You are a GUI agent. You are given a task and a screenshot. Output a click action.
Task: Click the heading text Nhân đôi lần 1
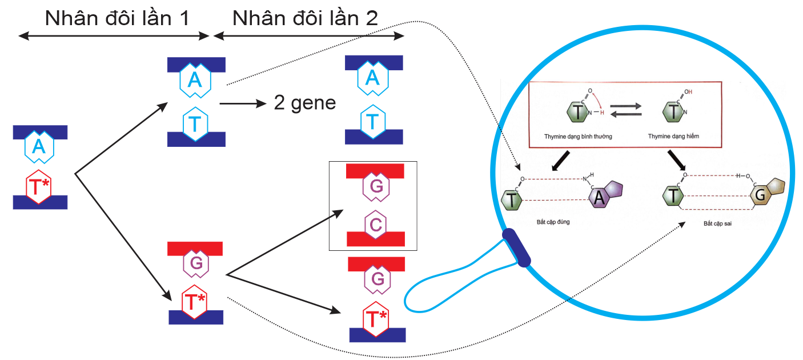(x=117, y=18)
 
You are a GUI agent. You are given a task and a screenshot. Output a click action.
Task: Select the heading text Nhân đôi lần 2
(x=305, y=18)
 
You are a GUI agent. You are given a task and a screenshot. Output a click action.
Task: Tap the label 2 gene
(x=305, y=104)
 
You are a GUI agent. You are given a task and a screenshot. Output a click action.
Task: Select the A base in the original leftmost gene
(x=38, y=147)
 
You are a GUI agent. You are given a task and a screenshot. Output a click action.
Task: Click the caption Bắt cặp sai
(x=717, y=224)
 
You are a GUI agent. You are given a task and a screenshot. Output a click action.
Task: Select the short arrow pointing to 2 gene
(x=243, y=104)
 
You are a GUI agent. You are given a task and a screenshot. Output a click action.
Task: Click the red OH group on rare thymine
(x=687, y=91)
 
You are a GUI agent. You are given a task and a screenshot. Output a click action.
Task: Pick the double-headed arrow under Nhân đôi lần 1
(x=114, y=36)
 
